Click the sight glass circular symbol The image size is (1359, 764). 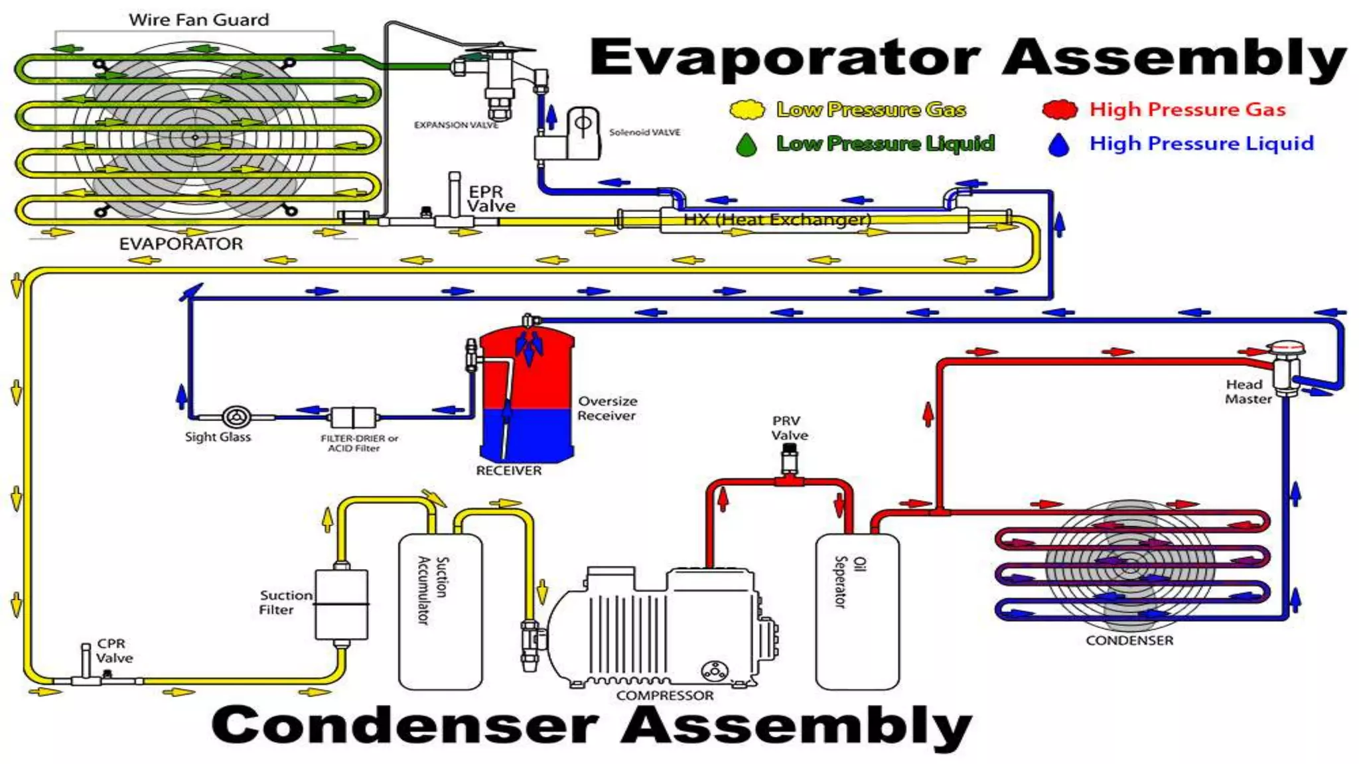236,417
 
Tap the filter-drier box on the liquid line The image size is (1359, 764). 353,417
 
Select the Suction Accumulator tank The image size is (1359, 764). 440,611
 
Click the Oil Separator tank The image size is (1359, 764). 857,611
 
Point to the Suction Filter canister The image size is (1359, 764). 341,604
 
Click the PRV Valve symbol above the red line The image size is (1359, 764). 789,458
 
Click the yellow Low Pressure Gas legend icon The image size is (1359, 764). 747,109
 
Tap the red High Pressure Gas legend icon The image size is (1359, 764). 1059,109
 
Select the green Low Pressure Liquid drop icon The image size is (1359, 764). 747,145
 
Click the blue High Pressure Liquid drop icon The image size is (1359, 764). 1059,145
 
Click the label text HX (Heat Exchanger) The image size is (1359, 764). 777,220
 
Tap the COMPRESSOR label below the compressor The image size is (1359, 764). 665,695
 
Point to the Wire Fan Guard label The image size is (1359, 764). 199,20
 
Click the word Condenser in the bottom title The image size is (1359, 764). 405,726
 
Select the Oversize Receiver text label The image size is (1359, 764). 607,409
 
